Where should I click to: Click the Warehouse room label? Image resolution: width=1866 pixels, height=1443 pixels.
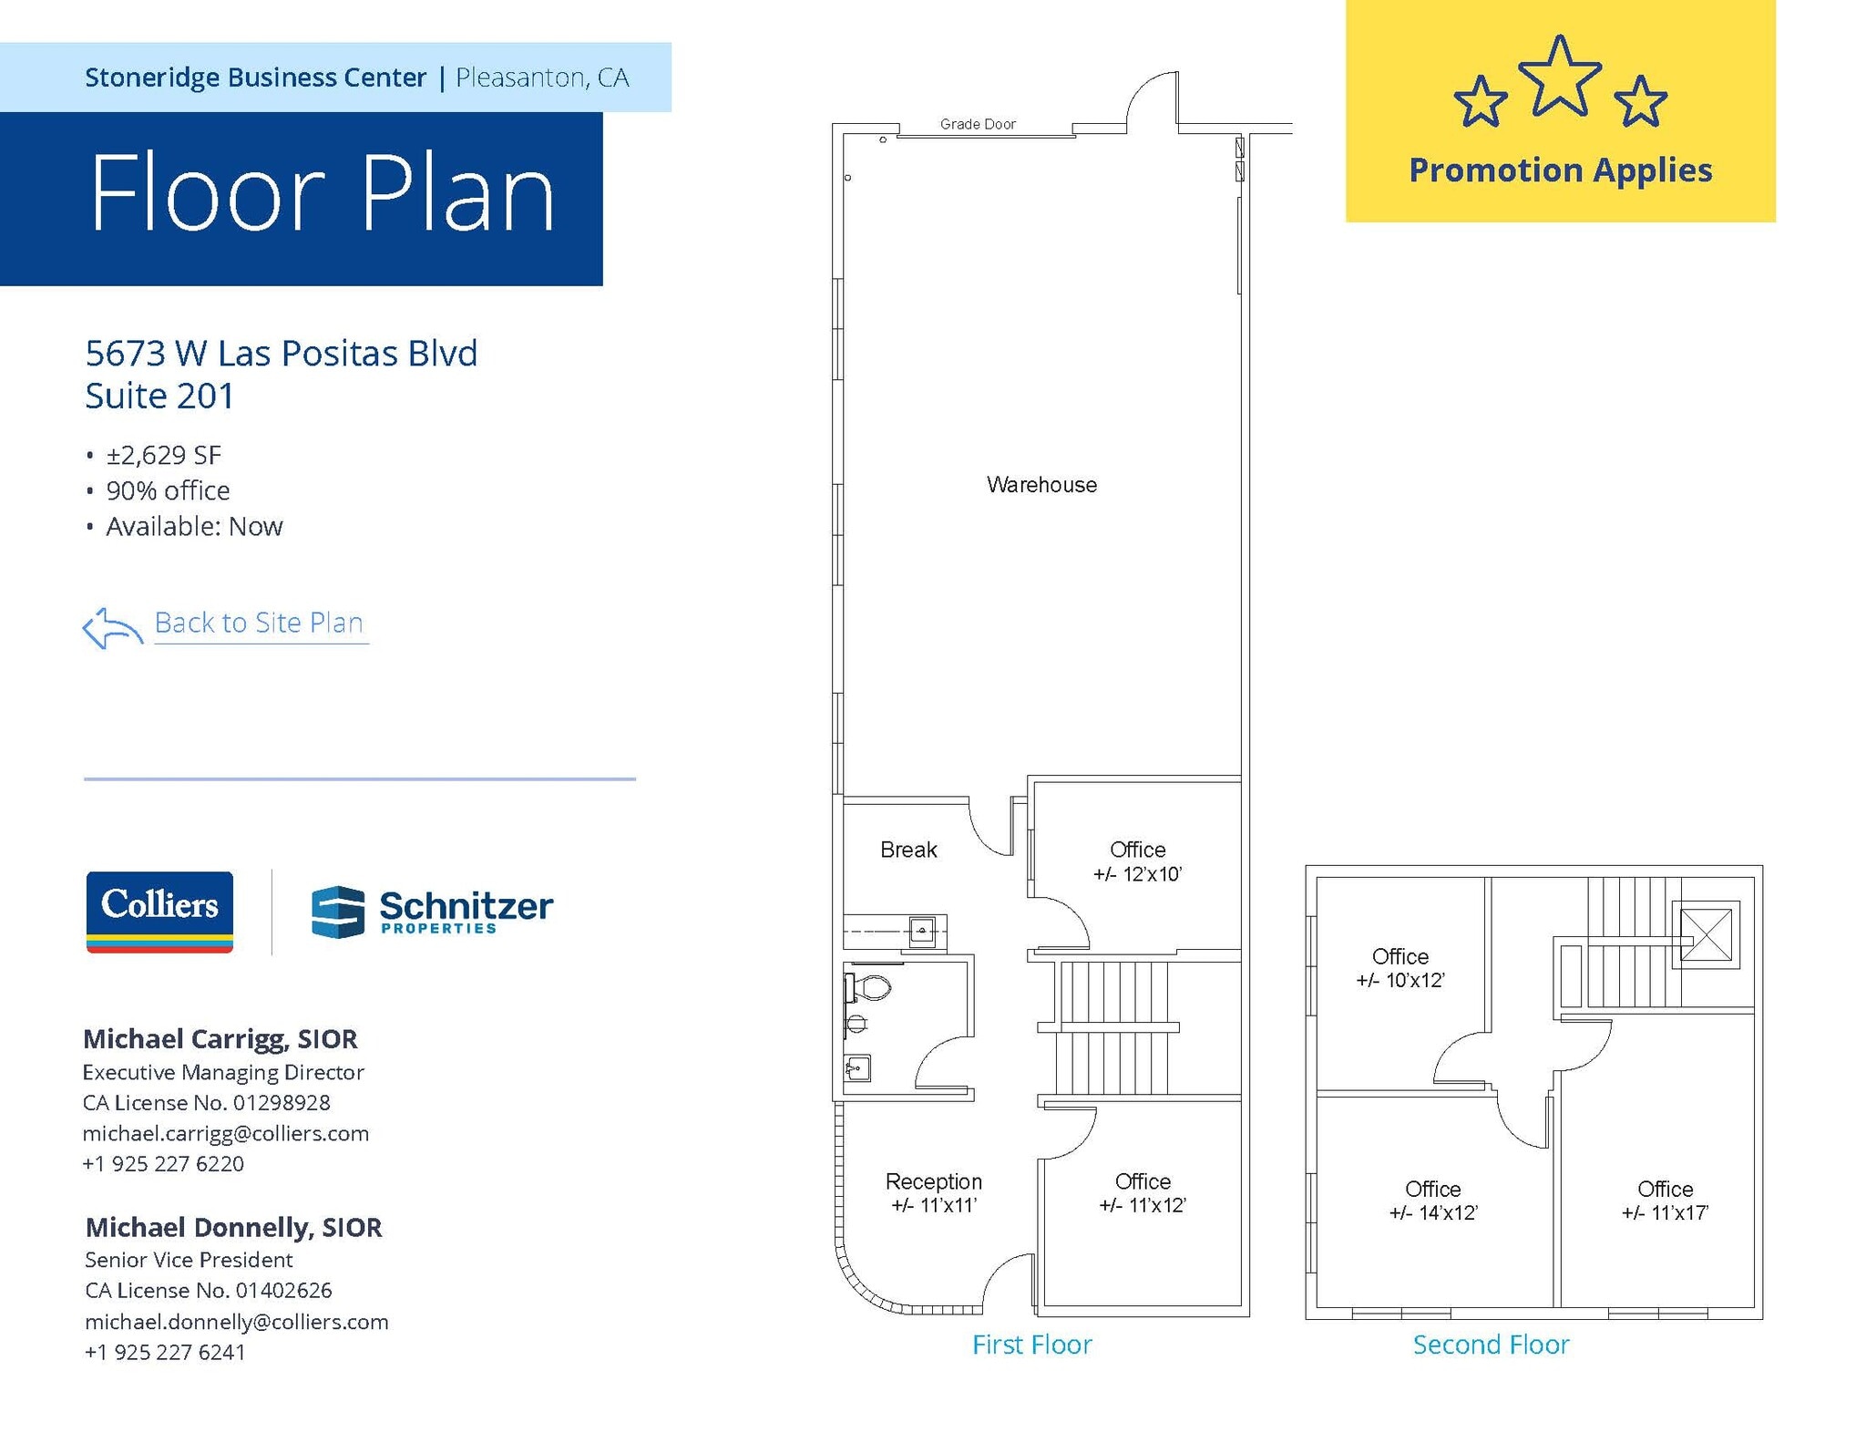pyautogui.click(x=1041, y=485)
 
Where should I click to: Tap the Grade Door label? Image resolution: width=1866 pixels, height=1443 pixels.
pyautogui.click(x=978, y=124)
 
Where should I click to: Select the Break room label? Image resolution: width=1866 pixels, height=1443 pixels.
pyautogui.click(x=908, y=850)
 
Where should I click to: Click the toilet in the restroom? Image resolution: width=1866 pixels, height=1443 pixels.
pyautogui.click(x=870, y=988)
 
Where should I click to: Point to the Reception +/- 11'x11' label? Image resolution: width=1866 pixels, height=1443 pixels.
pyautogui.click(x=934, y=1193)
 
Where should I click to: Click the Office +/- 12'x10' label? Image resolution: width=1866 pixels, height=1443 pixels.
pyautogui.click(x=1137, y=861)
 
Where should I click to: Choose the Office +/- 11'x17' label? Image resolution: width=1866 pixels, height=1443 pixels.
pyautogui.click(x=1665, y=1201)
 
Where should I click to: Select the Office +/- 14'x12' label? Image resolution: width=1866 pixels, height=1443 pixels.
pyautogui.click(x=1432, y=1201)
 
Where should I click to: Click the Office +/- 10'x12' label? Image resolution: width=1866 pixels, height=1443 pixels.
pyautogui.click(x=1400, y=968)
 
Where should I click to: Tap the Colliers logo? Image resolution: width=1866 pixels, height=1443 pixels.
pyautogui.click(x=159, y=912)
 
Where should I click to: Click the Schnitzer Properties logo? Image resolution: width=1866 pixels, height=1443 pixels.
pyautogui.click(x=432, y=912)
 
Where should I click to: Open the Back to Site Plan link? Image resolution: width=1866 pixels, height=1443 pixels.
pyautogui.click(x=259, y=623)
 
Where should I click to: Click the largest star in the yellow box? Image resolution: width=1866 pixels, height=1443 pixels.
pyautogui.click(x=1560, y=77)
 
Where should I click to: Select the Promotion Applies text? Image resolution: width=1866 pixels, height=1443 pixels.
pyautogui.click(x=1560, y=170)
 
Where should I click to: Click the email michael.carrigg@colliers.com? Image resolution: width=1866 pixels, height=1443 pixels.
pyautogui.click(x=226, y=1133)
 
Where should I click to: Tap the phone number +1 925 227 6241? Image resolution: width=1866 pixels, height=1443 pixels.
pyautogui.click(x=165, y=1352)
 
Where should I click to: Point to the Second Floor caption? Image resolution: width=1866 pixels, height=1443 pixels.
pyautogui.click(x=1491, y=1345)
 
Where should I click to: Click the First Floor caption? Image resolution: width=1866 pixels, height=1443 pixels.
pyautogui.click(x=1031, y=1345)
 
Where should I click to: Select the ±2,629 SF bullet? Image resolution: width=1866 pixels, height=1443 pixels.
pyautogui.click(x=164, y=455)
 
